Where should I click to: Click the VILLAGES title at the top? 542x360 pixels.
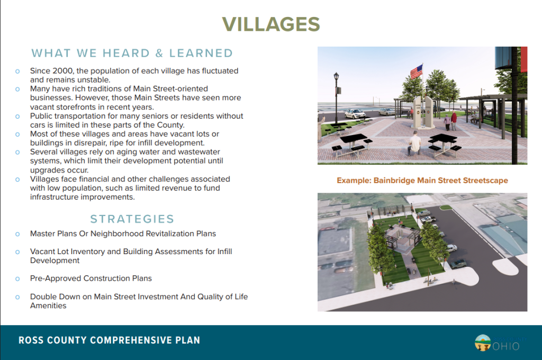point(271,24)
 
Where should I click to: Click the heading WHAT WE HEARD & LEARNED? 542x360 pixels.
point(132,53)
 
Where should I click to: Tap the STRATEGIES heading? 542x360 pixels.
point(132,219)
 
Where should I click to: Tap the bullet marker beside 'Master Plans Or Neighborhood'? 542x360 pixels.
point(17,235)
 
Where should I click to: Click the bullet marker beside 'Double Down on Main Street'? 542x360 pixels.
point(17,297)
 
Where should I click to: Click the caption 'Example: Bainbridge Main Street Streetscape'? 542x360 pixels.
point(422,180)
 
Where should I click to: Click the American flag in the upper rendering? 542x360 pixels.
point(417,71)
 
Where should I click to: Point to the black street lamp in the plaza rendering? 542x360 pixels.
point(336,98)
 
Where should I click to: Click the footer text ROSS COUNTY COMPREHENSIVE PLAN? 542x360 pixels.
point(109,340)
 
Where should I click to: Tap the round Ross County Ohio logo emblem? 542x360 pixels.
point(483,343)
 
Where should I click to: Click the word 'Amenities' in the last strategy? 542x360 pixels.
point(48,305)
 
